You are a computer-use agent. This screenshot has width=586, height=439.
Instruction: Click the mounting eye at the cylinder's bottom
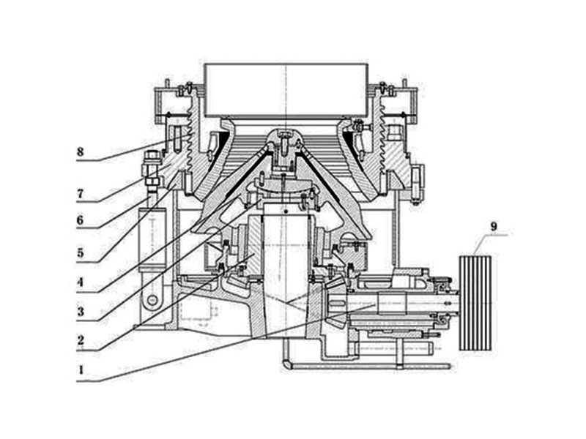click(x=153, y=300)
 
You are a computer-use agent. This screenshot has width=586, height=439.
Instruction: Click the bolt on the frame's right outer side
click(x=418, y=177)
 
